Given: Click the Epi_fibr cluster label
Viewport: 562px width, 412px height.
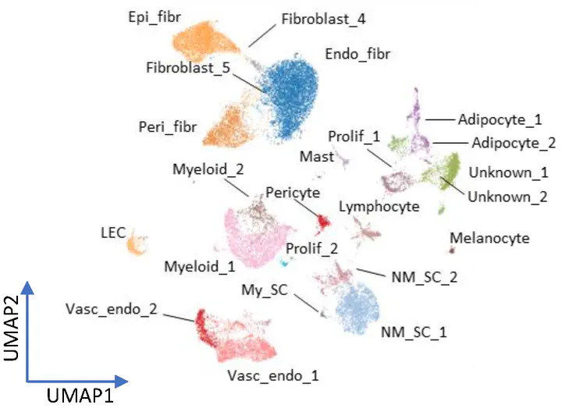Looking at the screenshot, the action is [155, 17].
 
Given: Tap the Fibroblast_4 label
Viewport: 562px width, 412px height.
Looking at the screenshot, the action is [323, 20].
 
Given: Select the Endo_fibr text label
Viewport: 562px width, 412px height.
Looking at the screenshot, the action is [357, 54].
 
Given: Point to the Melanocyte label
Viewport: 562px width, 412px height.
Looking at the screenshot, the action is [489, 238].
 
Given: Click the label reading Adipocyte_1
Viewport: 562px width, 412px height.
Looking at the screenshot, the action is [500, 119].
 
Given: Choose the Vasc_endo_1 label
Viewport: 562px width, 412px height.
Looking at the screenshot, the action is [273, 376].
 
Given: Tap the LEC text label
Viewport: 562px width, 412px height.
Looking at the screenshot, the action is [114, 233].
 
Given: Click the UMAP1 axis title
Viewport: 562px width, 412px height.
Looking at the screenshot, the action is [80, 396].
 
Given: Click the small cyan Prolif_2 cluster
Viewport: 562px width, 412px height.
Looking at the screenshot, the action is [285, 263].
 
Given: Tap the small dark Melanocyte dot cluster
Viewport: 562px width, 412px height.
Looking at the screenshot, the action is [452, 250].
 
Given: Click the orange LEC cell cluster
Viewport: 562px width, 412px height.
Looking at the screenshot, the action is [137, 243].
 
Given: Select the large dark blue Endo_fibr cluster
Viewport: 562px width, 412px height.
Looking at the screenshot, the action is [290, 98].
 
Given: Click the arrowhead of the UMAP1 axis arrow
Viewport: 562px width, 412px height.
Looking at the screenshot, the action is [122, 382].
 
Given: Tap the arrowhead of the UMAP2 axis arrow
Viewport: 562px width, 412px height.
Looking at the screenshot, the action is [27, 288].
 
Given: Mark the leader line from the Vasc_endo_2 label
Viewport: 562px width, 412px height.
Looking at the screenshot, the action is [179, 318].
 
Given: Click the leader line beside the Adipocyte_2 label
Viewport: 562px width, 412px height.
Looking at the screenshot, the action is [450, 144].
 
